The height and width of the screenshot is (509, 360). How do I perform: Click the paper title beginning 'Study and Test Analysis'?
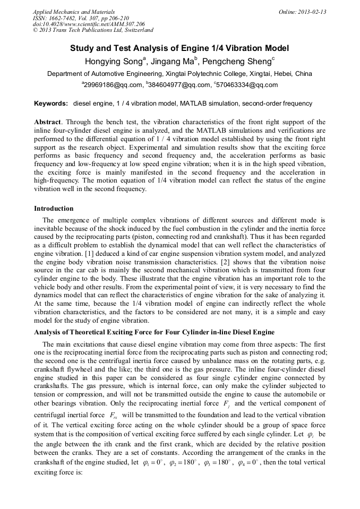tap(179, 48)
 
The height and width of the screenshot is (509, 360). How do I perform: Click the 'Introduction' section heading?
tap(54, 209)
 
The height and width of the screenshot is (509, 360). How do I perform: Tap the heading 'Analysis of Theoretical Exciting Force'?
tap(154, 332)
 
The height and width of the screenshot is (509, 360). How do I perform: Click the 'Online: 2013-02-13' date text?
tap(302, 12)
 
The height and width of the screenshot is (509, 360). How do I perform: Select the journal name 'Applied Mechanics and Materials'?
tap(73, 12)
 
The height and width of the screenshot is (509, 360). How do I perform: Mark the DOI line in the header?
tap(88, 24)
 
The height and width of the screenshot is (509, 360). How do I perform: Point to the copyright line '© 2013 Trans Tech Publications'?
tap(93, 31)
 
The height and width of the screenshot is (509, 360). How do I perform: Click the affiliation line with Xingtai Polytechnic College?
tap(179, 74)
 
